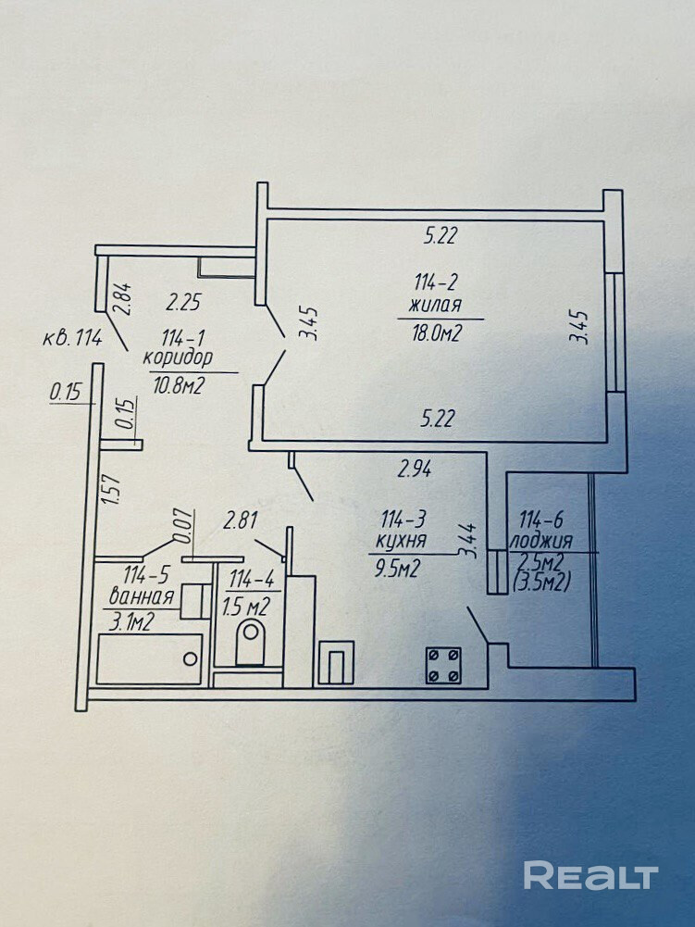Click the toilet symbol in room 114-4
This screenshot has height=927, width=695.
click(251, 643)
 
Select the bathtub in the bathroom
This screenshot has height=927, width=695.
click(149, 658)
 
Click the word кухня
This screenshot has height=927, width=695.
click(401, 543)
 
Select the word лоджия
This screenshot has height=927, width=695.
click(546, 542)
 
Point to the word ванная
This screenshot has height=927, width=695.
click(142, 596)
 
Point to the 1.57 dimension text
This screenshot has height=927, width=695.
click(114, 488)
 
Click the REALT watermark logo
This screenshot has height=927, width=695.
click(590, 875)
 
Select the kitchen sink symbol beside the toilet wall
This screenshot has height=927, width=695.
click(335, 663)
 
